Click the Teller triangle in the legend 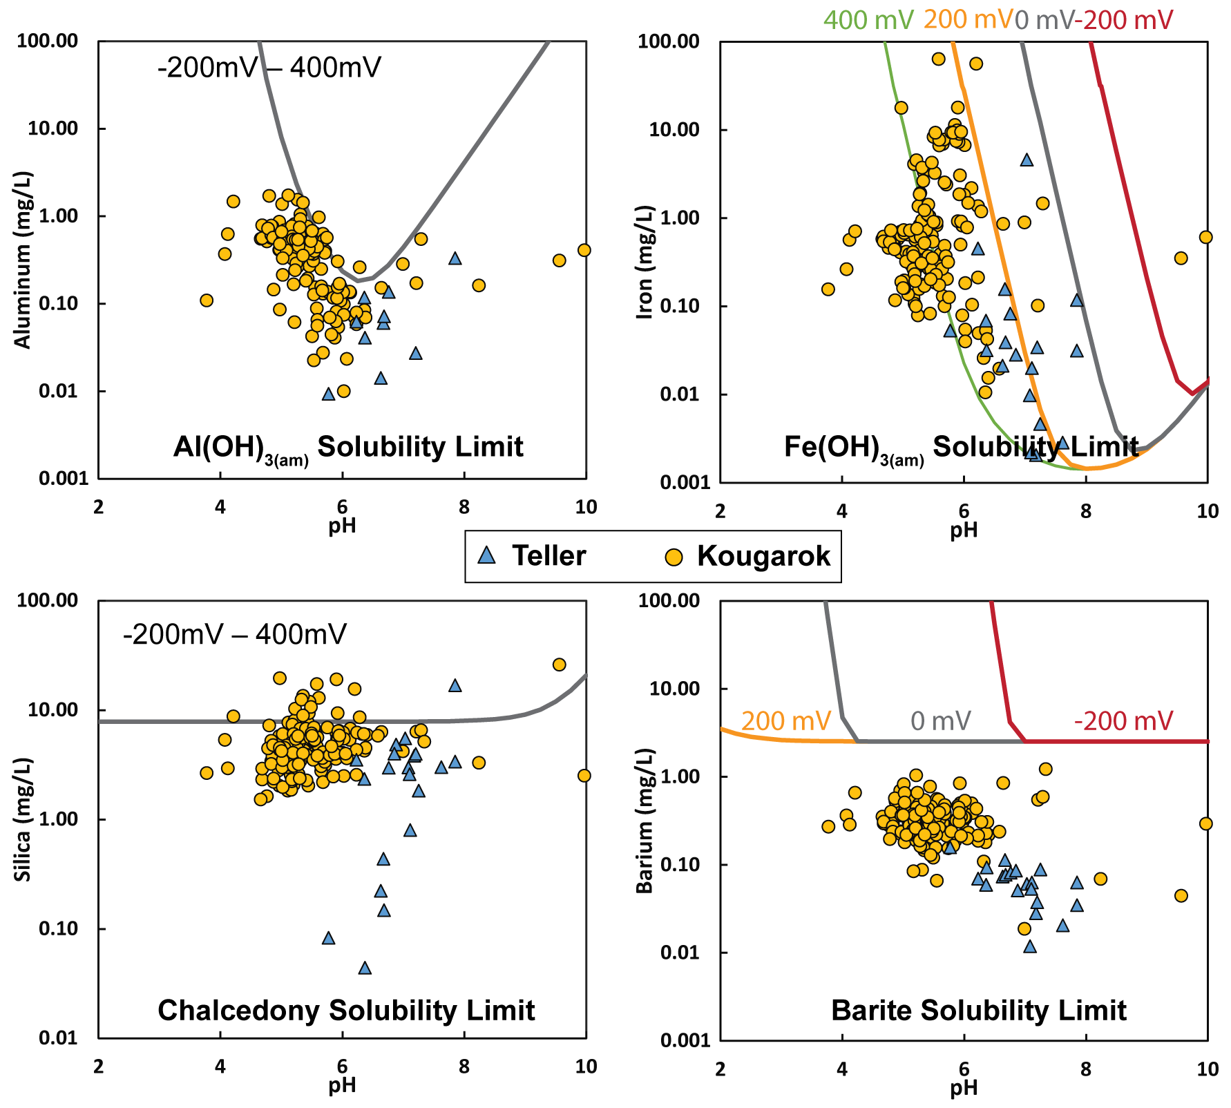pyautogui.click(x=487, y=555)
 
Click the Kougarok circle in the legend pyautogui.click(x=673, y=557)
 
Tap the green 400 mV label pyautogui.click(x=868, y=20)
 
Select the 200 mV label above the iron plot pyautogui.click(x=968, y=19)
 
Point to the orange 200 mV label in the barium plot pyautogui.click(x=785, y=721)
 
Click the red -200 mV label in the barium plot pyautogui.click(x=1123, y=721)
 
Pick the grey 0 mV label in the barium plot pyautogui.click(x=941, y=721)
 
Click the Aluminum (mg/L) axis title pyautogui.click(x=23, y=260)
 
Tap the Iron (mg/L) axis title pyautogui.click(x=645, y=261)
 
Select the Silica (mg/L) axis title pyautogui.click(x=23, y=819)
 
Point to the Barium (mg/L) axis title pyautogui.click(x=645, y=821)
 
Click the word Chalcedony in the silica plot pyautogui.click(x=238, y=1011)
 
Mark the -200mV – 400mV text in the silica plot pyautogui.click(x=235, y=634)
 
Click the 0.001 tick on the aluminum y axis pyautogui.click(x=64, y=479)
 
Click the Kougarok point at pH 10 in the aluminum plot pyautogui.click(x=584, y=250)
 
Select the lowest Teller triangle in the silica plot pyautogui.click(x=365, y=968)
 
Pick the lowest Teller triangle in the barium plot pyautogui.click(x=1030, y=946)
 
